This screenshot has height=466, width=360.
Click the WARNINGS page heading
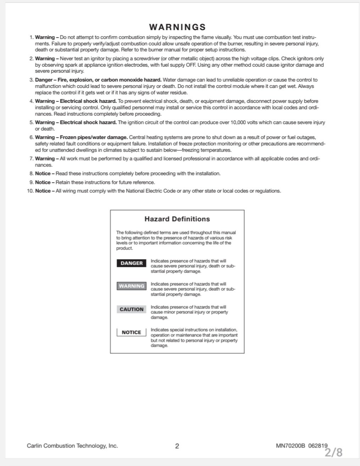pyautogui.click(x=177, y=27)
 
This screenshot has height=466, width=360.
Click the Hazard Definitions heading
pyautogui.click(x=177, y=219)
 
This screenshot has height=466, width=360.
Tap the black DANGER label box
pyautogui.click(x=132, y=263)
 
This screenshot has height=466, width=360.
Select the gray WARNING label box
pyautogui.click(x=132, y=286)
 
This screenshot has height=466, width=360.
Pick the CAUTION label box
pyautogui.click(x=132, y=309)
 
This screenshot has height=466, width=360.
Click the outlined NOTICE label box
pyautogui.click(x=132, y=332)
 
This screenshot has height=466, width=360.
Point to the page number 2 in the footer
pyautogui.click(x=177, y=446)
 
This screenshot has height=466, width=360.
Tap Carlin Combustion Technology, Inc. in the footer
pyautogui.click(x=72, y=446)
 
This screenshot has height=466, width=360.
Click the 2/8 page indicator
pyautogui.click(x=333, y=452)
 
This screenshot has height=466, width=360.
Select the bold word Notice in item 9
pyautogui.click(x=43, y=182)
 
